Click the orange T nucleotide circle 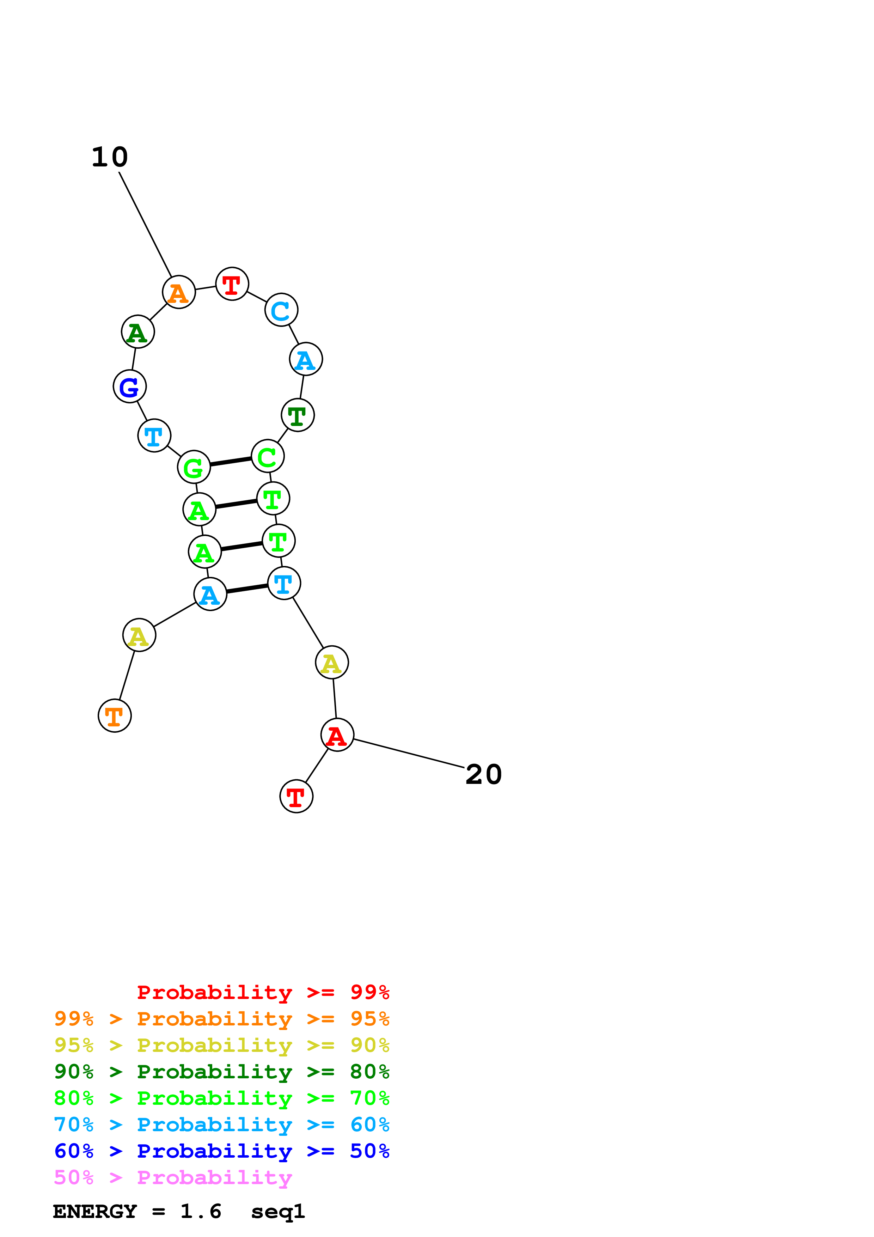tap(115, 715)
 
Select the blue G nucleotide tap(130, 386)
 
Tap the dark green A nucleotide tap(138, 331)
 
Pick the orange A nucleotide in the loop tap(179, 292)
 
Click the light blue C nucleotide tap(281, 310)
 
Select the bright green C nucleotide tap(268, 456)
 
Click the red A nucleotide tap(337, 735)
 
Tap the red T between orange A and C tap(232, 284)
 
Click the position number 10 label tap(110, 157)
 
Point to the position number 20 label tap(484, 775)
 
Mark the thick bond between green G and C tap(231, 462)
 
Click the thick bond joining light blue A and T tap(247, 589)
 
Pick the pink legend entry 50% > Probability tap(173, 1177)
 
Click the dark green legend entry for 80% tap(222, 1072)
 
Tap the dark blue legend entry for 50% tap(222, 1151)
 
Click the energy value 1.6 tap(200, 1212)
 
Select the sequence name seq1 tap(278, 1212)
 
